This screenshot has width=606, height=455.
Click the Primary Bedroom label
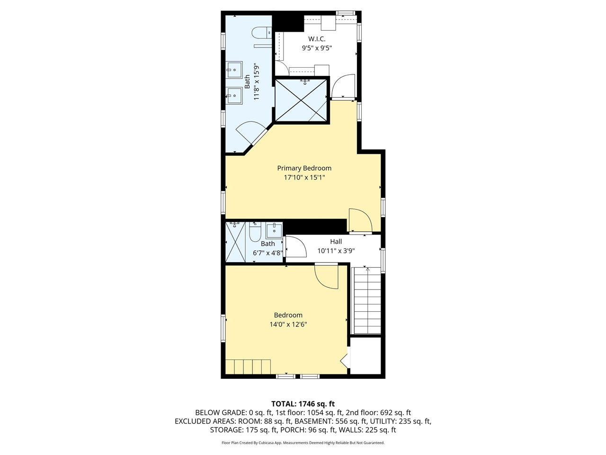coord(304,168)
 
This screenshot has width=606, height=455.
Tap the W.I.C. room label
coord(317,39)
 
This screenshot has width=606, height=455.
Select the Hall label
coord(336,241)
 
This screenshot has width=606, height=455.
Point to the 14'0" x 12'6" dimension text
coord(288,324)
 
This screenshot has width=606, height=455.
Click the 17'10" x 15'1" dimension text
coord(304,177)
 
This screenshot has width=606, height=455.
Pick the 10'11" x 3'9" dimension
coord(336,251)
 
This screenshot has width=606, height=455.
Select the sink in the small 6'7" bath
coord(274,231)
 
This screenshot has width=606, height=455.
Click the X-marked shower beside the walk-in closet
coord(301,100)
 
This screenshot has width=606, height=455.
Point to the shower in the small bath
coord(235,242)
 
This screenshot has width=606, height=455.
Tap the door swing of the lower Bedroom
coord(326,277)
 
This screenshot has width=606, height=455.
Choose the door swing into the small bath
coord(296,247)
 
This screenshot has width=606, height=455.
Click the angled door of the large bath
coord(251,133)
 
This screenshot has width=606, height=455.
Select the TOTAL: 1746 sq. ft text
coord(303,404)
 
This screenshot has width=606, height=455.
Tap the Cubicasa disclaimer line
coord(303,443)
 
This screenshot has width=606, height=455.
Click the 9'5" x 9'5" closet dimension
coord(317,48)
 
